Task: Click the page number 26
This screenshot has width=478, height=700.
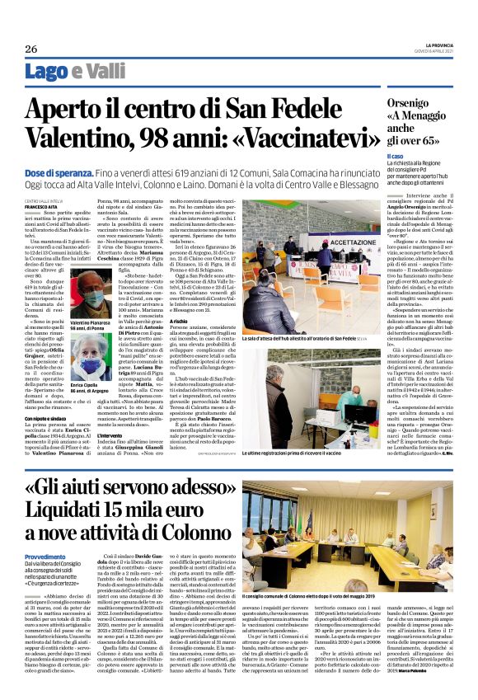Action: coord(30,47)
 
